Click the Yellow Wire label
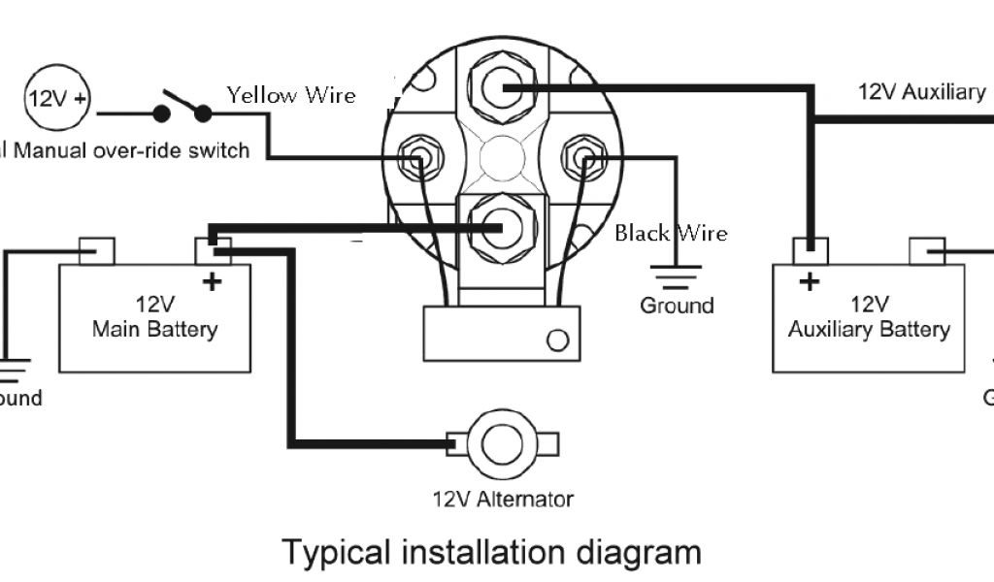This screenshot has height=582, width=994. point(291,95)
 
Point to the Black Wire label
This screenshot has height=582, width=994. point(671,233)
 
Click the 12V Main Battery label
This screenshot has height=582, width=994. point(154,318)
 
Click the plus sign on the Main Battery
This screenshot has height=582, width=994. point(213,282)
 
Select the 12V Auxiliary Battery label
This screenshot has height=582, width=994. point(868,318)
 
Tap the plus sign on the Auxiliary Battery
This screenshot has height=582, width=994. point(809,282)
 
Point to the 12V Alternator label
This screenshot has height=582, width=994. point(503,500)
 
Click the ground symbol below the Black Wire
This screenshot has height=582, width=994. point(676,276)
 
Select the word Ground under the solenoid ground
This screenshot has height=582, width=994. point(676,306)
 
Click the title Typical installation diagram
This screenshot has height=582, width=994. point(491,552)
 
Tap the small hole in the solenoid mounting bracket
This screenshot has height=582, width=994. point(557,340)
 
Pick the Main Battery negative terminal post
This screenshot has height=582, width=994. point(96,250)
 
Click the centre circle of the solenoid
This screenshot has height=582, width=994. point(502,157)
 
